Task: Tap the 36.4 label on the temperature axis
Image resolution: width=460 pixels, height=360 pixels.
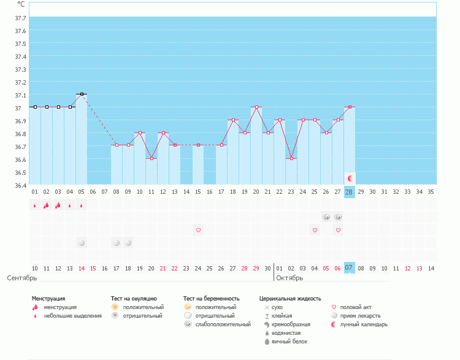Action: click(x=20, y=185)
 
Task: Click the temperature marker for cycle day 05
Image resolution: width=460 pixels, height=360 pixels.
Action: click(x=82, y=94)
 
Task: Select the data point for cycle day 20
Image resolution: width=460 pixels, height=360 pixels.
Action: click(x=256, y=107)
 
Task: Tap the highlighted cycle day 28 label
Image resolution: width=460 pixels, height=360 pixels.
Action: click(x=349, y=192)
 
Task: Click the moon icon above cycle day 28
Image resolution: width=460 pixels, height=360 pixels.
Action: click(x=350, y=178)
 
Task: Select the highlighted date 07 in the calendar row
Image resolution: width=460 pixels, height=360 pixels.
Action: click(x=349, y=268)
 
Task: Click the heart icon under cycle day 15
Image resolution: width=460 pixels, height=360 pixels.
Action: click(x=198, y=230)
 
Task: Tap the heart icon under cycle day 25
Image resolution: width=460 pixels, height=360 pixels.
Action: click(x=315, y=230)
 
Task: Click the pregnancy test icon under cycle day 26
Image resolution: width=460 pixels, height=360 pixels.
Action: click(x=326, y=217)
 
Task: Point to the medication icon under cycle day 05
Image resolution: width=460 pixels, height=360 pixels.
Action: click(x=82, y=243)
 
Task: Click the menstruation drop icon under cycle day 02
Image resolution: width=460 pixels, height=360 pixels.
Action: click(x=47, y=205)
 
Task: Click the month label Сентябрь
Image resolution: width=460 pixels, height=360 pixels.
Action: click(x=22, y=278)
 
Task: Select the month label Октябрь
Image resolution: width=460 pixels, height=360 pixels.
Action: click(x=289, y=278)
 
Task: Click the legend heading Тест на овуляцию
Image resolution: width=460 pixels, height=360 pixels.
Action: click(x=134, y=299)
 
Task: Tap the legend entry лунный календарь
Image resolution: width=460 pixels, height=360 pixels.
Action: click(x=364, y=324)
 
